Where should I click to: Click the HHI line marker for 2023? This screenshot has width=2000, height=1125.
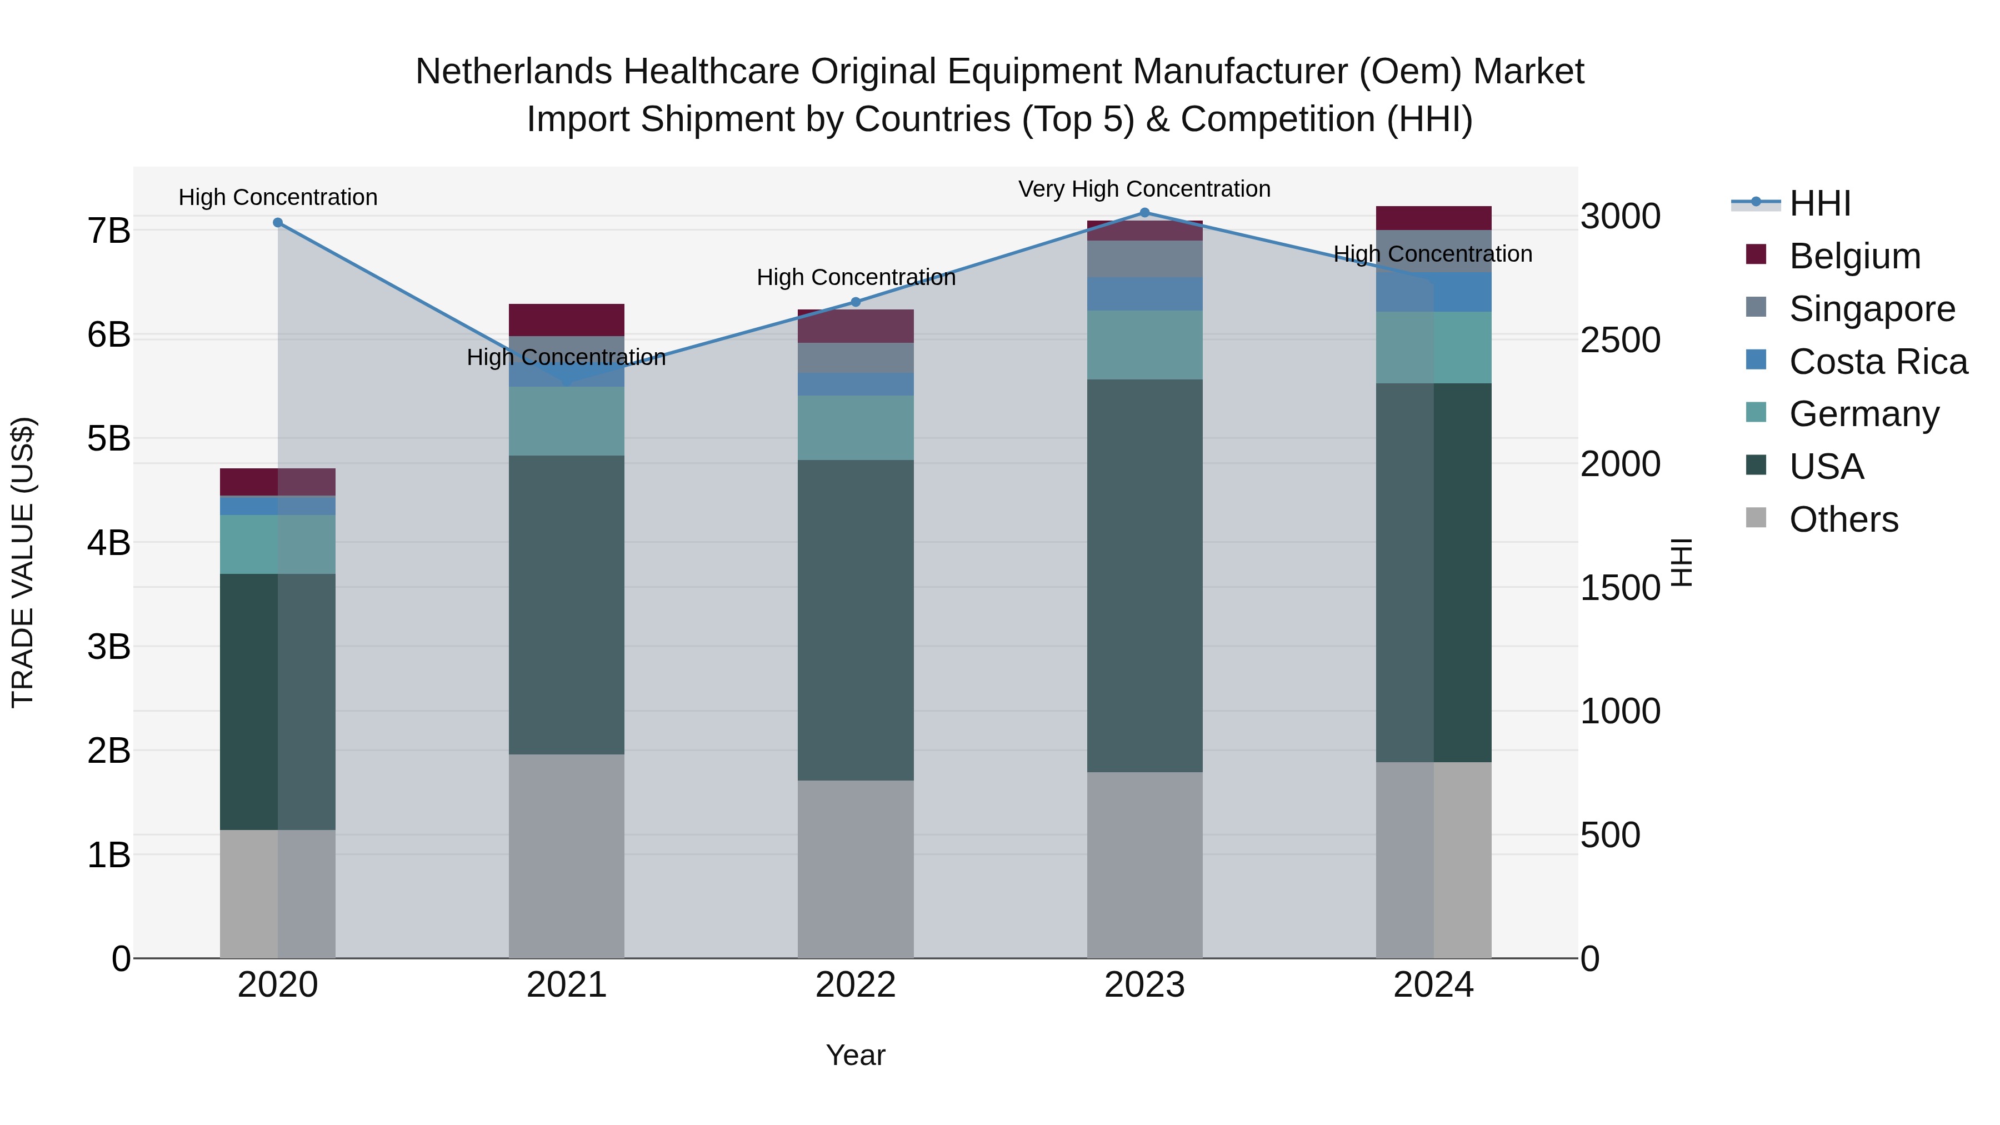(1144, 213)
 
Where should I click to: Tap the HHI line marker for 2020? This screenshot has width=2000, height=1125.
(278, 223)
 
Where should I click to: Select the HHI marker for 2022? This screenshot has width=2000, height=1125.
(856, 302)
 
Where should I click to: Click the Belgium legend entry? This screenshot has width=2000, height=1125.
(1854, 256)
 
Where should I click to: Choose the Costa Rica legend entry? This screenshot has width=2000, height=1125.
(1877, 362)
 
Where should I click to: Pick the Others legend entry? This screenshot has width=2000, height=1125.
(1843, 519)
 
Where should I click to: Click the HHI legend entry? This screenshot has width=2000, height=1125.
(1819, 203)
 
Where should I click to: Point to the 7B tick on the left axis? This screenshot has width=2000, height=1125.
(109, 231)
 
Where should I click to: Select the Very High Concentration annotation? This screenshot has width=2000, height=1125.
(1144, 189)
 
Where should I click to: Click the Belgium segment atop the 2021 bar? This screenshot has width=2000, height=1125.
(567, 320)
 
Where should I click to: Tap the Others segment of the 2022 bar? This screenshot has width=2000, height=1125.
(856, 869)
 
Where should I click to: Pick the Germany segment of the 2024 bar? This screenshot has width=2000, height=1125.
(1433, 348)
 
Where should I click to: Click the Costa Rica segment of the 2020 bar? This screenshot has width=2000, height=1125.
(278, 506)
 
